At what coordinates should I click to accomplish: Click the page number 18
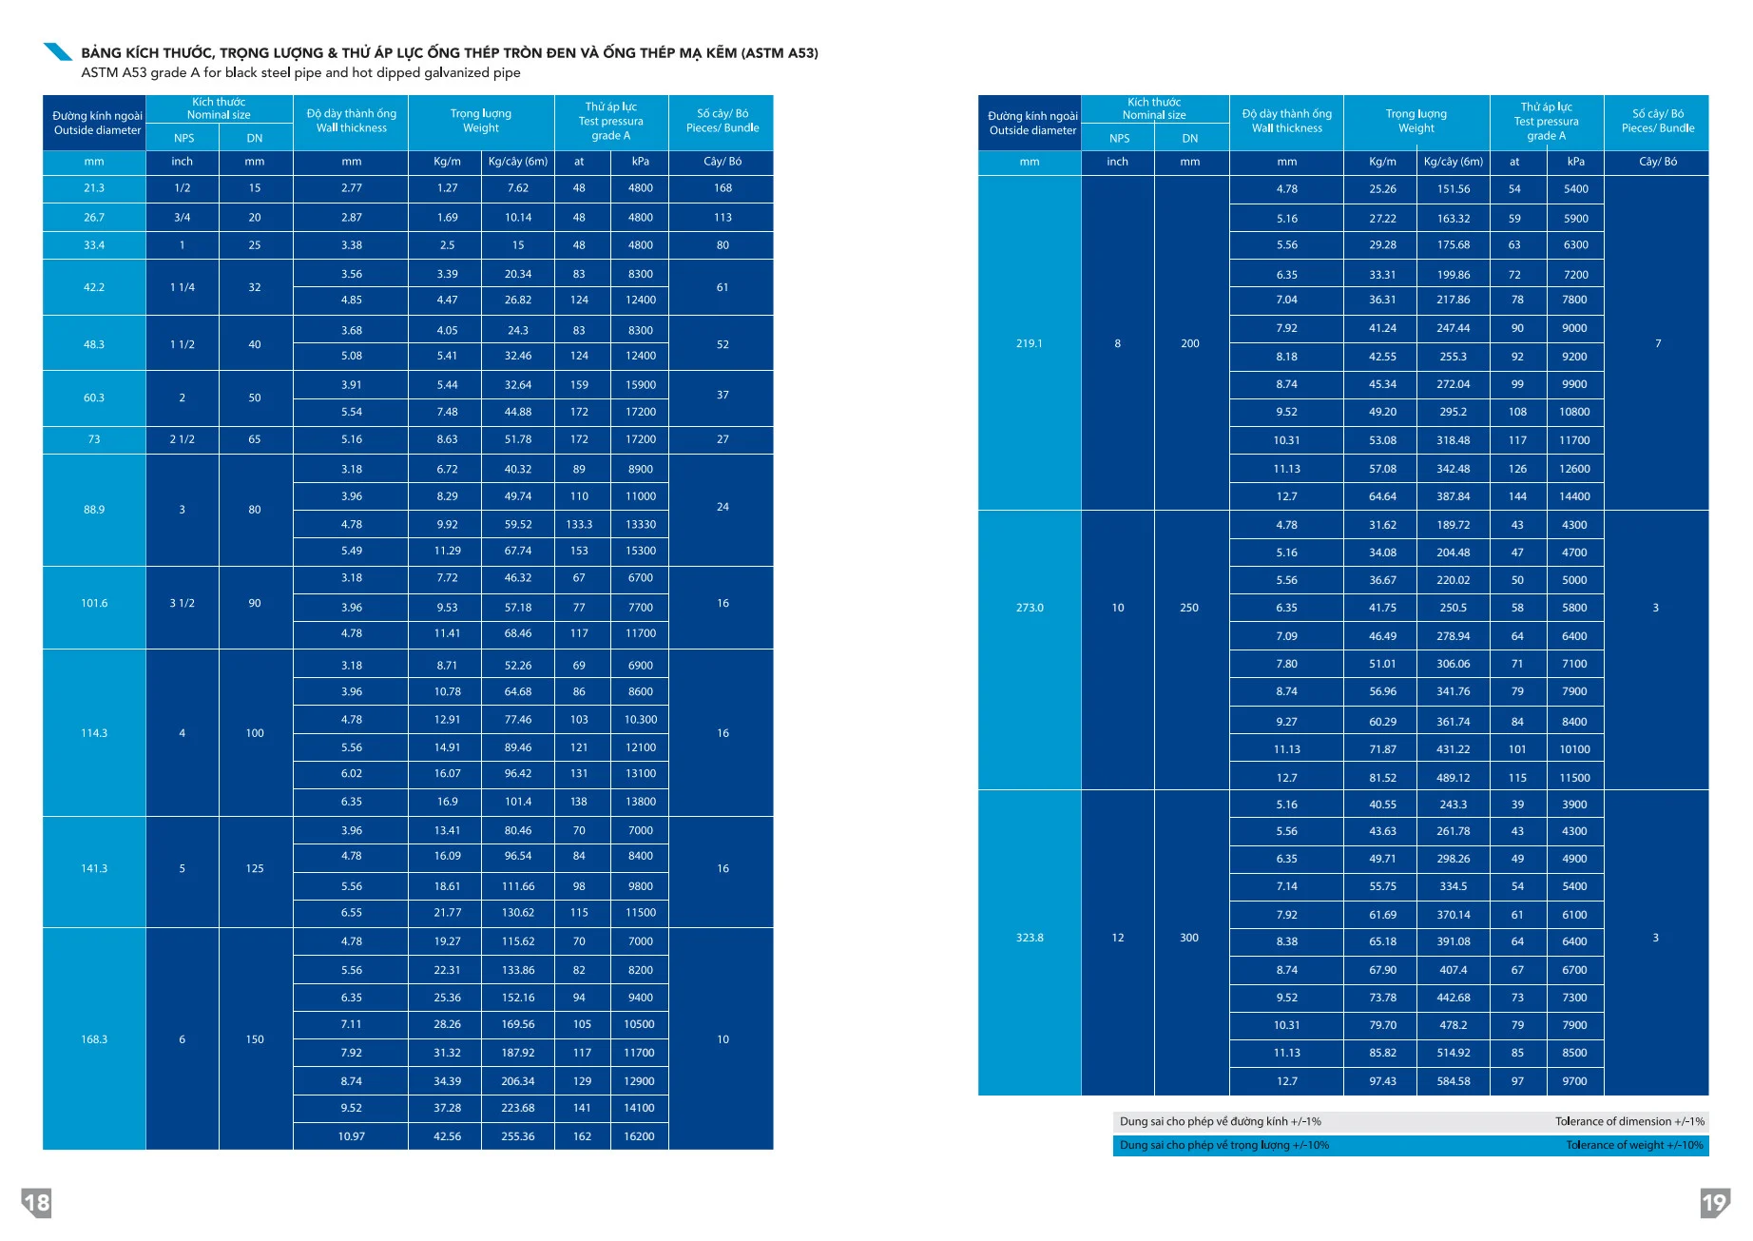tap(37, 1203)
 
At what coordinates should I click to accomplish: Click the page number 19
tap(1715, 1203)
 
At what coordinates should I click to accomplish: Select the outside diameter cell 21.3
tap(94, 188)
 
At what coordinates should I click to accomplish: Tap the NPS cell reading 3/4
tap(183, 218)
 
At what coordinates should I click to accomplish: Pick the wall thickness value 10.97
tap(352, 1136)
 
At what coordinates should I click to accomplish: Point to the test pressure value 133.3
tap(579, 524)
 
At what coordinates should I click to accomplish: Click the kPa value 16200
tap(640, 1136)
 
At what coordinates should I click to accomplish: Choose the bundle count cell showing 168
tap(722, 188)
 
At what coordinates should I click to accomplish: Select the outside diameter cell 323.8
tap(1030, 938)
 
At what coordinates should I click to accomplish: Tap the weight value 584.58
tap(1454, 1081)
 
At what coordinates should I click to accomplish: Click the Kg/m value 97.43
tap(1383, 1081)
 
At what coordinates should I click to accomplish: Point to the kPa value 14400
tap(1575, 496)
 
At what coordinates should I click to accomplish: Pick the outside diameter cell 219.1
tap(1030, 343)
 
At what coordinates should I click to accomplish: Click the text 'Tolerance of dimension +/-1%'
tap(1629, 1121)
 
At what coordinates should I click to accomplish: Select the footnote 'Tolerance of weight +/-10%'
tap(1634, 1145)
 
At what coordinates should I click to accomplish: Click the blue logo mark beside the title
tap(59, 51)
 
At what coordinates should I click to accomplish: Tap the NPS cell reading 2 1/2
tap(183, 439)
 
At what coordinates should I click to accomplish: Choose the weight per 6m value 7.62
tap(518, 188)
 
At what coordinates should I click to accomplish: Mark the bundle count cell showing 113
tap(722, 218)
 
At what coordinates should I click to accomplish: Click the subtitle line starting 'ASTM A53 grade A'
tap(300, 73)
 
